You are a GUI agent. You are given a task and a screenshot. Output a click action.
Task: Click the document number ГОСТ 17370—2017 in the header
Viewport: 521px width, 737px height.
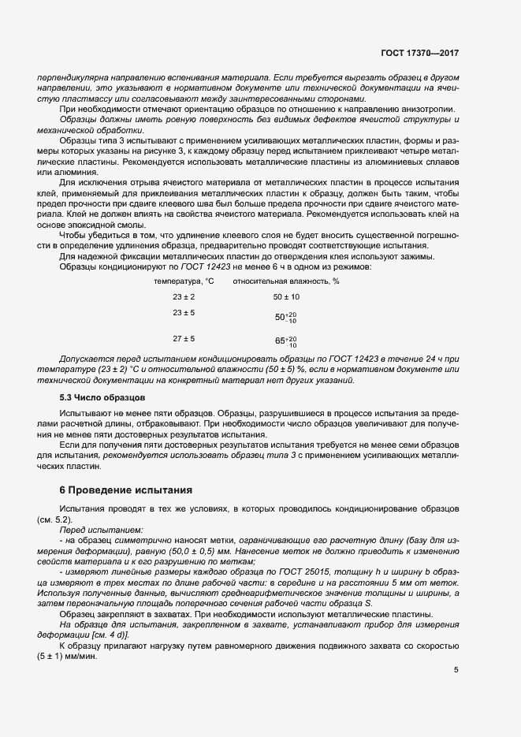pyautogui.click(x=419, y=54)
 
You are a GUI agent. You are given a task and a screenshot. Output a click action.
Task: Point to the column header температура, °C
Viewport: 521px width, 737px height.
pyautogui.click(x=184, y=281)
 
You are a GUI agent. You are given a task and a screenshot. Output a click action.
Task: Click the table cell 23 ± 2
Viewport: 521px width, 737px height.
pyautogui.click(x=184, y=296)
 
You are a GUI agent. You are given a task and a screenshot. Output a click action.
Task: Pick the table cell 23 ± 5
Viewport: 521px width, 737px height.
pyautogui.click(x=184, y=313)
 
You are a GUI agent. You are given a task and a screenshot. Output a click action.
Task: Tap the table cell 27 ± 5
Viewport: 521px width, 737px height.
pyautogui.click(x=184, y=339)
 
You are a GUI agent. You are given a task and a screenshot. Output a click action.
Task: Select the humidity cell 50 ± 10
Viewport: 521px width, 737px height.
pyautogui.click(x=286, y=296)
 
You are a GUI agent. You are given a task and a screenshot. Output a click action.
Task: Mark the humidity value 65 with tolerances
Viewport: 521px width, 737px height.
pyautogui.click(x=285, y=341)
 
